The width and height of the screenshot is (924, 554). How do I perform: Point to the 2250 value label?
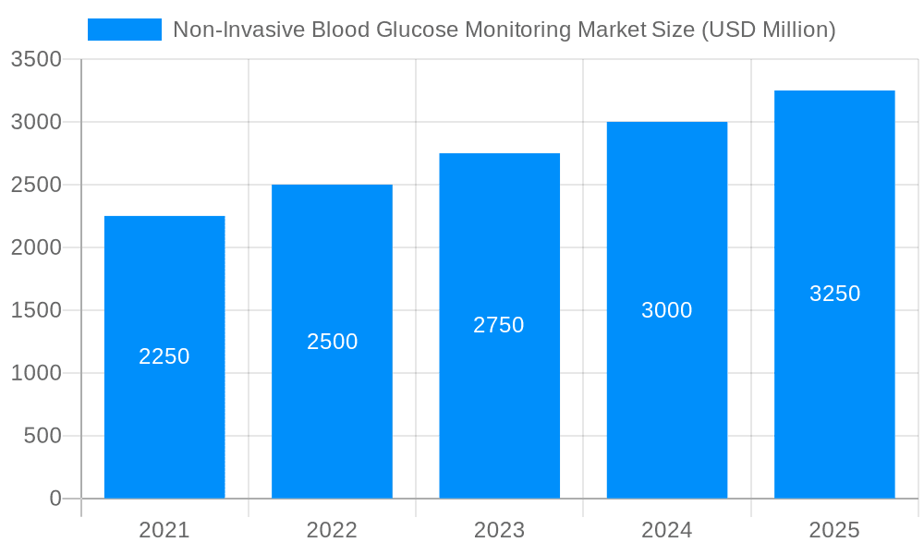tap(164, 356)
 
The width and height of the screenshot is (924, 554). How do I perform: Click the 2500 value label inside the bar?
tap(332, 342)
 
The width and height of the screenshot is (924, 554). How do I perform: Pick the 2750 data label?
tap(499, 325)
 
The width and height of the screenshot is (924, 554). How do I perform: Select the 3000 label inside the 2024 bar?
tap(666, 310)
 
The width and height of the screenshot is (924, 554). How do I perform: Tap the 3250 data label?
tap(834, 294)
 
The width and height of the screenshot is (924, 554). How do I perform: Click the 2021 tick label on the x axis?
tap(164, 530)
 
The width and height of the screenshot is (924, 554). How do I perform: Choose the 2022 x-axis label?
tap(332, 530)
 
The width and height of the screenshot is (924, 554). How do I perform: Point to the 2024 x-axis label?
tap(666, 530)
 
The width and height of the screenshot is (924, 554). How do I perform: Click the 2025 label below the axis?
tap(834, 530)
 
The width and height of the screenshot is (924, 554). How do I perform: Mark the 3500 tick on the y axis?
tap(36, 60)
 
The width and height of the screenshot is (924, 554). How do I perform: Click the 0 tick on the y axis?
tap(55, 499)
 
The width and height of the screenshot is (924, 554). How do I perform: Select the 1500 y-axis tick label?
tap(36, 310)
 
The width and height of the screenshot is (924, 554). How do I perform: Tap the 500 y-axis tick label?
tap(43, 436)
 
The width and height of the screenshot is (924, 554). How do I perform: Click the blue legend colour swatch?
tap(125, 30)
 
